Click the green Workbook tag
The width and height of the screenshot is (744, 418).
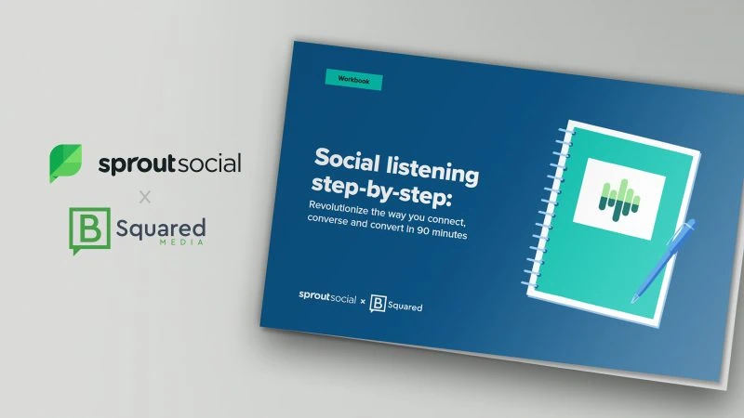pos(353,81)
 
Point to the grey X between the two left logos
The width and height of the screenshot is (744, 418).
pos(144,197)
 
